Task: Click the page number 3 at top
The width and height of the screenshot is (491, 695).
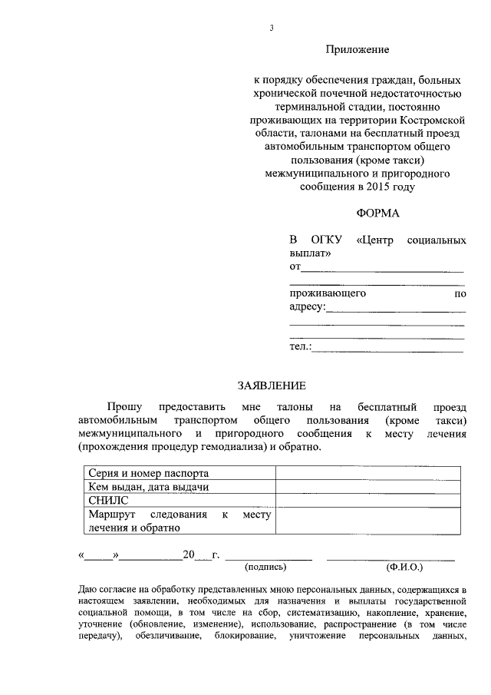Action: [271, 28]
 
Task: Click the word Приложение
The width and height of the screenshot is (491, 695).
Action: [358, 50]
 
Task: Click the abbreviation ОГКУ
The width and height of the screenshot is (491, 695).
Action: [323, 240]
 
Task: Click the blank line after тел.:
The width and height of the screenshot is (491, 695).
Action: [388, 349]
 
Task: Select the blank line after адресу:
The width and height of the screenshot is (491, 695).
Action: [396, 309]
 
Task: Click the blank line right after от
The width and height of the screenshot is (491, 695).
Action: [382, 269]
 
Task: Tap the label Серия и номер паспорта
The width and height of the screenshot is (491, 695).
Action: [149, 472]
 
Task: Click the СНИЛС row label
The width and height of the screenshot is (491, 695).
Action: [104, 500]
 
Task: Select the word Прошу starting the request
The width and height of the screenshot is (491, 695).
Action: [125, 406]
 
